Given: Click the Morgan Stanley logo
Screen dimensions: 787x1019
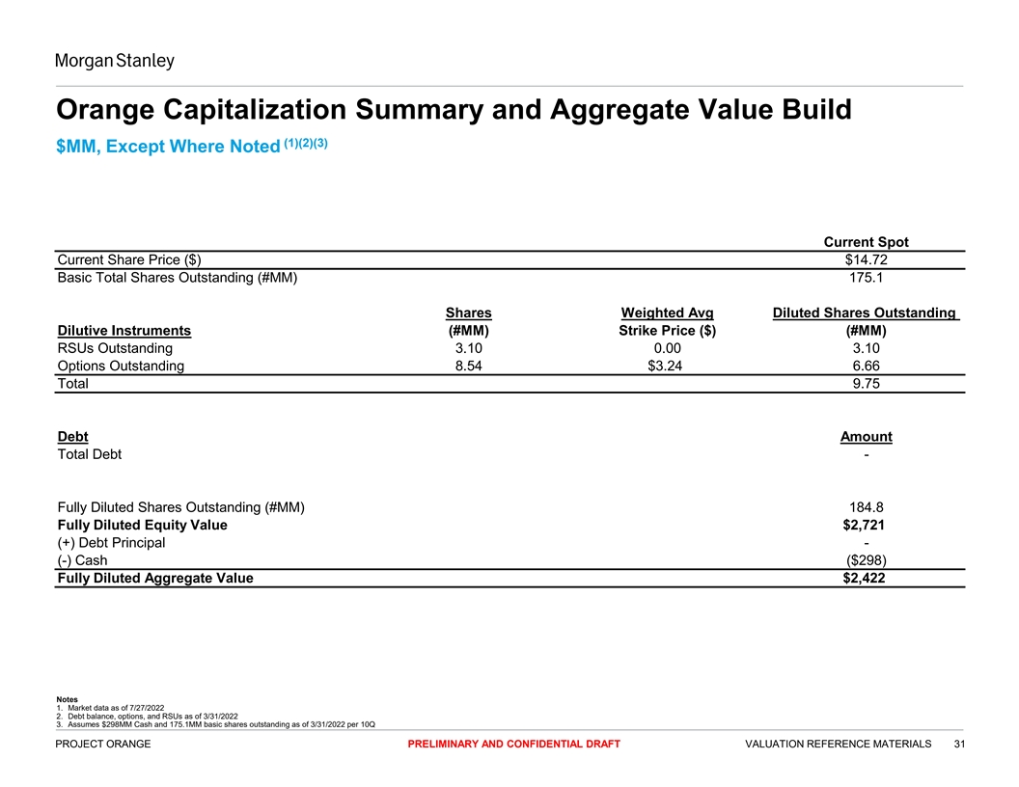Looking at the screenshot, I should [x=115, y=62].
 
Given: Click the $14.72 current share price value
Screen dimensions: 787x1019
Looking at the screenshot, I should [x=866, y=259].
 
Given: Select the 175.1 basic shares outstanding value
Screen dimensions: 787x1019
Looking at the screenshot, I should [x=866, y=279].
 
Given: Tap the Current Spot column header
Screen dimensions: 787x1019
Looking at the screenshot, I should [x=866, y=241].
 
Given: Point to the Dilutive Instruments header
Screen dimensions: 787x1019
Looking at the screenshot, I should [x=124, y=331].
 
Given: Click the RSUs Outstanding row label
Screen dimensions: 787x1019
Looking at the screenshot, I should [x=115, y=348].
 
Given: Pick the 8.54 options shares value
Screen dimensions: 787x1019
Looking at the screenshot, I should [x=469, y=366].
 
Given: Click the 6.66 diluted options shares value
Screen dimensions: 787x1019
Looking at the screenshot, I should [x=866, y=366].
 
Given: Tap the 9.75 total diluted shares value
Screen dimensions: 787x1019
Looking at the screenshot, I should [x=866, y=384].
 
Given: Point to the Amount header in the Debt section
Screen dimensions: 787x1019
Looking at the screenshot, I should [x=866, y=437].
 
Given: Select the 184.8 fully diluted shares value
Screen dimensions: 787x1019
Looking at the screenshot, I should [x=866, y=507].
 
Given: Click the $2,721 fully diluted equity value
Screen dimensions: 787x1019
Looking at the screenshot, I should [x=866, y=526].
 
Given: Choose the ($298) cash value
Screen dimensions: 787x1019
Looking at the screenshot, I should [x=866, y=560].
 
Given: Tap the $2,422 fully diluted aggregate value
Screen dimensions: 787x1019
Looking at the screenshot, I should [x=866, y=579].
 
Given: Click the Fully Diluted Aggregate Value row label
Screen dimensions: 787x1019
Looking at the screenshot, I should [x=155, y=579].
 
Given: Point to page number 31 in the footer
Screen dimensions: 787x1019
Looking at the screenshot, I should [x=959, y=744].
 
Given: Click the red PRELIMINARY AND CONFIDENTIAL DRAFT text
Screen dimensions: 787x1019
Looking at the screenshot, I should [x=513, y=744].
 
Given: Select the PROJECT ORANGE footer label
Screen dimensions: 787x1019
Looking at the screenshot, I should [x=104, y=744].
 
